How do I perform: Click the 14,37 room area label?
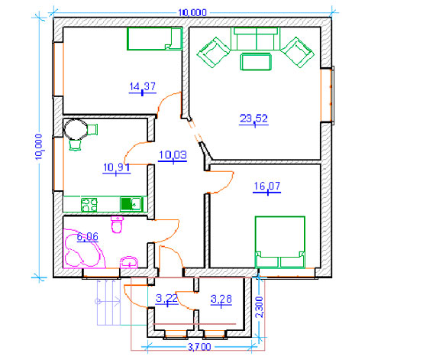pos(143,86)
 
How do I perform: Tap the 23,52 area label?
pos(253,118)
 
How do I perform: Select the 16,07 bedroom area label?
pos(266,186)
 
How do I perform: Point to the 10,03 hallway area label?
pos(173,155)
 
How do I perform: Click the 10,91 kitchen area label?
pos(117,167)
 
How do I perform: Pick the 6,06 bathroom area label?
pos(87,237)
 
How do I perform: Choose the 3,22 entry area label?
pos(166,298)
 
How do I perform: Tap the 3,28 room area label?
pos(221,299)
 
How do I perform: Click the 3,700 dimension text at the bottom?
pos(199,347)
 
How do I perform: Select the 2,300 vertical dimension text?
pos(259,307)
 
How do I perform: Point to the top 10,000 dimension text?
pos(192,12)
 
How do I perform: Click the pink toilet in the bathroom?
pos(117,224)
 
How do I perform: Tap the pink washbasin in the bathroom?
pos(129,262)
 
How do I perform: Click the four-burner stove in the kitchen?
pos(89,205)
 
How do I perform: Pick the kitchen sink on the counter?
pos(131,204)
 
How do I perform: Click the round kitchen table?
pos(76,129)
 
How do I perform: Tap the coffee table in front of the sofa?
pos(256,62)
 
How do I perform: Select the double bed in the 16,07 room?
pos(280,242)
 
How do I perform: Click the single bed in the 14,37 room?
pos(154,39)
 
